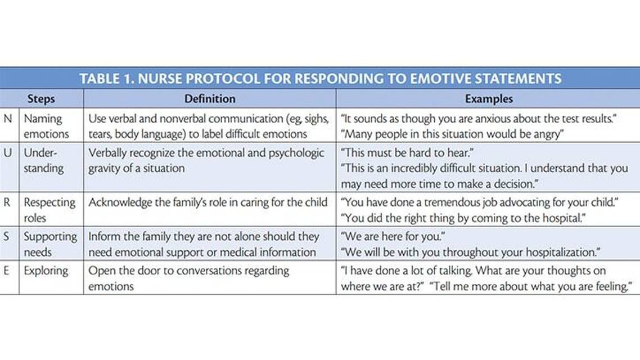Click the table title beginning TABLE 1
point(320,78)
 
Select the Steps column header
point(41,98)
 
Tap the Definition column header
point(210,98)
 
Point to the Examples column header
point(489,98)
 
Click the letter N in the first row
point(8,119)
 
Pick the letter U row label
point(8,153)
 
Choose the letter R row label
point(8,202)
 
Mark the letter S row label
point(8,236)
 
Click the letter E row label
point(8,271)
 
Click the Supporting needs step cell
point(50,244)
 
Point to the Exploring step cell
point(46,271)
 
